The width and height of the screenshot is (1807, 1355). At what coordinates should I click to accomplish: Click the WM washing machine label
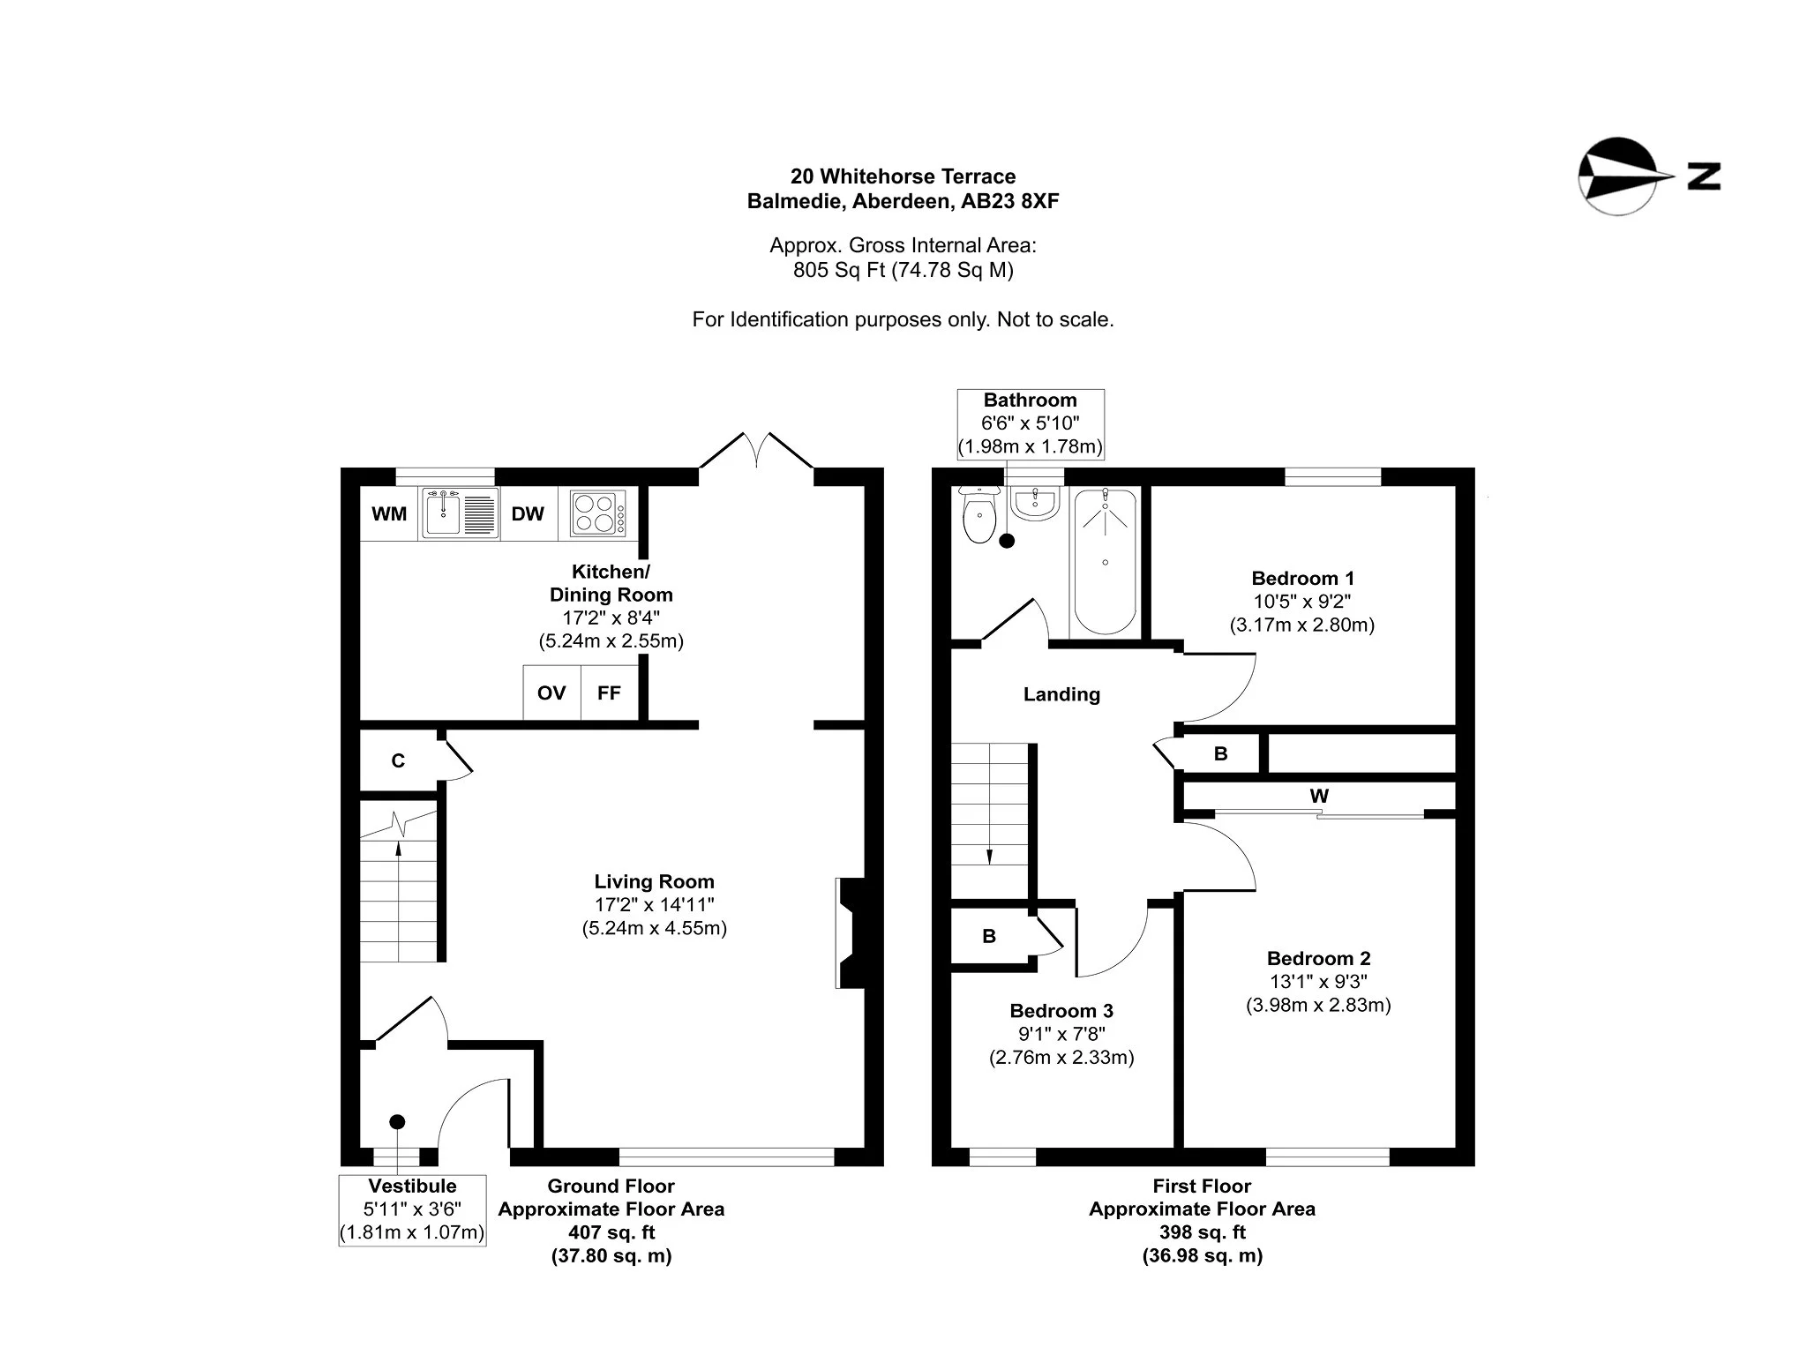tap(389, 513)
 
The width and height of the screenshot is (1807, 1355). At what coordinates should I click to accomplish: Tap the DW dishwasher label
tap(528, 513)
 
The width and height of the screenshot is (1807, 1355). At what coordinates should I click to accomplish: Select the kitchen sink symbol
tap(459, 513)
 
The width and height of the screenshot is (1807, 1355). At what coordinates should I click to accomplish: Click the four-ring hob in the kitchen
tap(597, 513)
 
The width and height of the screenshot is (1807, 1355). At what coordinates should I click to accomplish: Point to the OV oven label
tap(551, 692)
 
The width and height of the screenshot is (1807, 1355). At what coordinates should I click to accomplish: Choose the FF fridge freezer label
tap(609, 692)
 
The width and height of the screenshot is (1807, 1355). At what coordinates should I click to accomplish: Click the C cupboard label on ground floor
tap(398, 760)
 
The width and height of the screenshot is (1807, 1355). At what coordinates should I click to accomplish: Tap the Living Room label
tap(654, 881)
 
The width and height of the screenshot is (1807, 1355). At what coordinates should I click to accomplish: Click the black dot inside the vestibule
tap(397, 1121)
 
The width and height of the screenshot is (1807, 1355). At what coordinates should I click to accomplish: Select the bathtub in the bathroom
tap(1106, 560)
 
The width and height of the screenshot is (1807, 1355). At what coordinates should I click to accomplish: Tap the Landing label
tap(1061, 694)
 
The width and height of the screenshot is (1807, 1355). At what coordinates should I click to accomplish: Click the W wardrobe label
tap(1319, 796)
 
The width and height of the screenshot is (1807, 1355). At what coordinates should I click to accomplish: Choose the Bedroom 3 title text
tap(1061, 1011)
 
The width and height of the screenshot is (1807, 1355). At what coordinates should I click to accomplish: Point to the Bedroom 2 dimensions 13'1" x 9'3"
tap(1318, 981)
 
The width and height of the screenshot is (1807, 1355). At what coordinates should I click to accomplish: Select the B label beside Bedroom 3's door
tap(989, 936)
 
